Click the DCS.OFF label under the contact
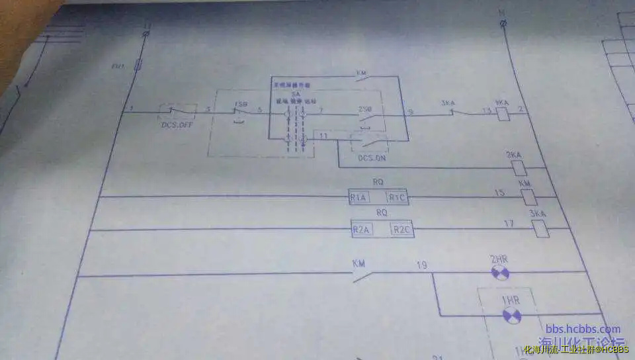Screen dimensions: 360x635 pyautogui.click(x=176, y=124)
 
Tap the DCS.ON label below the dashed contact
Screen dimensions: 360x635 pyautogui.click(x=372, y=158)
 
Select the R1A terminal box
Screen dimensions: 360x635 pyautogui.click(x=359, y=197)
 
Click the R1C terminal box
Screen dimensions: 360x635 pyautogui.click(x=397, y=197)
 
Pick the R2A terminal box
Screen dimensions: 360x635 pyautogui.click(x=362, y=230)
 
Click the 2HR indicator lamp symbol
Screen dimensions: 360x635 pyautogui.click(x=499, y=272)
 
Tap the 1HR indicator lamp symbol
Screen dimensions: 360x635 pyautogui.click(x=511, y=316)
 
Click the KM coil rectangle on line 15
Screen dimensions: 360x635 pyautogui.click(x=528, y=197)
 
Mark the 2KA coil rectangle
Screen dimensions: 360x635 pyautogui.click(x=520, y=167)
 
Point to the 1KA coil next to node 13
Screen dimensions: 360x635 pyautogui.click(x=503, y=114)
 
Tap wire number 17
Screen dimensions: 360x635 pyautogui.click(x=509, y=224)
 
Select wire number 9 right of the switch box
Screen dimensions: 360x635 pyautogui.click(x=410, y=112)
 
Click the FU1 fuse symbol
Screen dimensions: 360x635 pyautogui.click(x=138, y=65)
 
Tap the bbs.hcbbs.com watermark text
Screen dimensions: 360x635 pyautogui.click(x=583, y=329)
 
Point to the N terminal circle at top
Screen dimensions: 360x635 pyautogui.click(x=505, y=24)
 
